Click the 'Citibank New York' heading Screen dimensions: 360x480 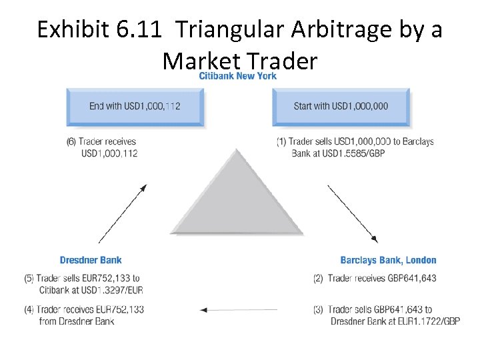coord(237,76)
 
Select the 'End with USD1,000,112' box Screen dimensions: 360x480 coord(135,106)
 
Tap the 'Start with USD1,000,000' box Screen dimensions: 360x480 coord(341,106)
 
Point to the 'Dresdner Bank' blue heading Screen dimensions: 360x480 coord(91,260)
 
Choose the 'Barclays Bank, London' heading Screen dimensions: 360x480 coord(388,260)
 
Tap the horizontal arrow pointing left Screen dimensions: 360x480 coord(238,309)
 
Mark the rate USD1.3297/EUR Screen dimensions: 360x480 coord(114,290)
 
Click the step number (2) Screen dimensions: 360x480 coord(319,278)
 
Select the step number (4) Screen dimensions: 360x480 coord(29,309)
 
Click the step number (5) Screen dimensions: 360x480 coord(29,278)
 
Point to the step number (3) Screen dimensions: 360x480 coord(319,309)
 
